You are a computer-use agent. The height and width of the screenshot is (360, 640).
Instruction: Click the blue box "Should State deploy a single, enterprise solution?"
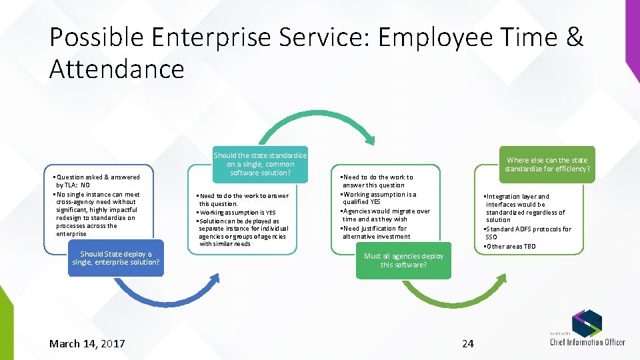click(116, 258)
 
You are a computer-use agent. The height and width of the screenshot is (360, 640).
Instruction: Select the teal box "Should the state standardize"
click(260, 164)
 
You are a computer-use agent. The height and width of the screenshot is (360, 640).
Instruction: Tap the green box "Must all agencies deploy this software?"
click(403, 260)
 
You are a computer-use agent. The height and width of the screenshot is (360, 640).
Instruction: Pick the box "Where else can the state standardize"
click(547, 164)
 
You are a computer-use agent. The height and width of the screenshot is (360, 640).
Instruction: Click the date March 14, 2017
click(87, 343)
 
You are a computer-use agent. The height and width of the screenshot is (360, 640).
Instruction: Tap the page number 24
click(468, 343)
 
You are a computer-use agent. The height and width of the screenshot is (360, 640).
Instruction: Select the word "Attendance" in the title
click(117, 69)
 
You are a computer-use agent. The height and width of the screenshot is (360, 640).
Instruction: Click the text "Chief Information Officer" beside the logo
click(587, 342)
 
